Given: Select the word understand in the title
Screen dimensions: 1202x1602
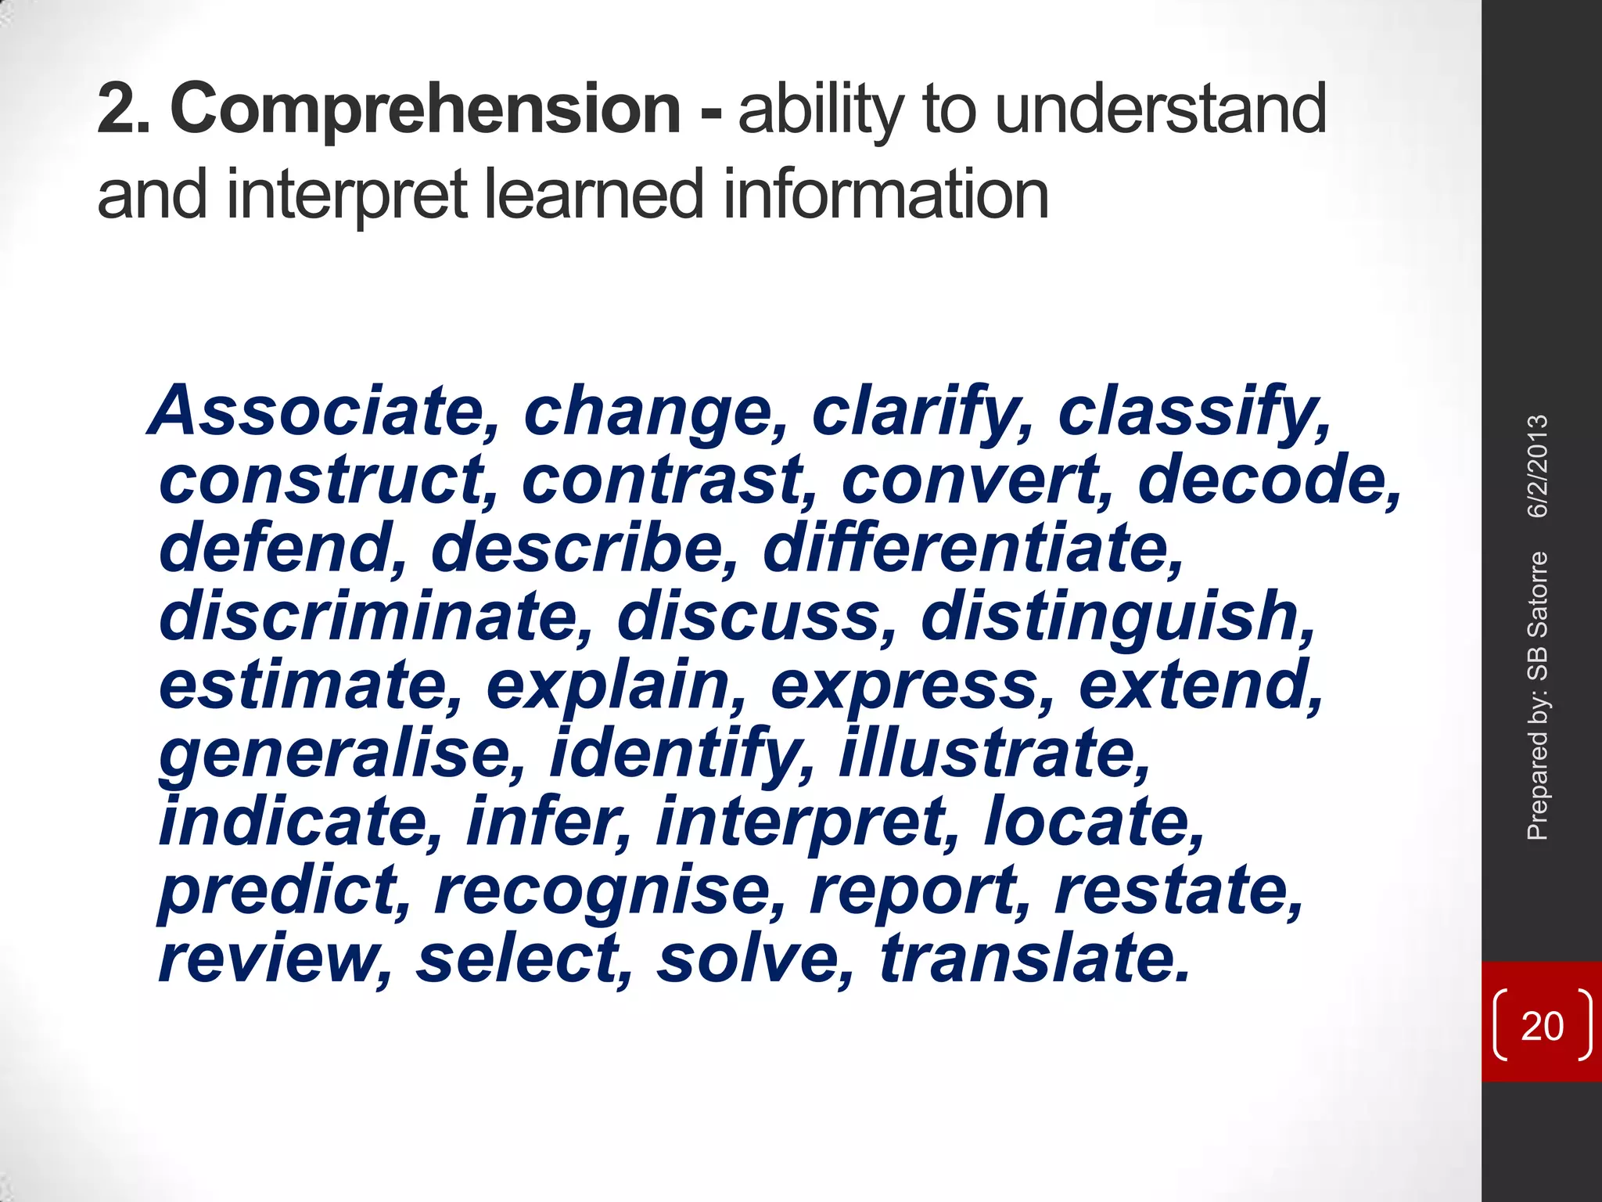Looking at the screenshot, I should coord(1161,110).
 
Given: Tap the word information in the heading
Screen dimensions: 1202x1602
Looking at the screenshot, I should coord(885,195).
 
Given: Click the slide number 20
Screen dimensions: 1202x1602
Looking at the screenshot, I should coord(1542,1026).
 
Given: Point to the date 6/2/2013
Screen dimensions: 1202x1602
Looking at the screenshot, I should coord(1538,466).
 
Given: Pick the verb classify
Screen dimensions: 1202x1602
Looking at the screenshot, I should coord(1192,412).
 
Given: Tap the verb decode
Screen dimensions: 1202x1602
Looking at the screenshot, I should coord(1267,480).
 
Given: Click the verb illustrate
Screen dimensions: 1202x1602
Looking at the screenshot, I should coord(993,754).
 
